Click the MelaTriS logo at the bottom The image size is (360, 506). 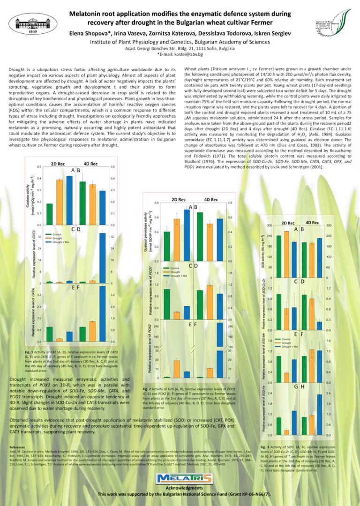(180, 478)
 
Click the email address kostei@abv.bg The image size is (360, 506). (190, 54)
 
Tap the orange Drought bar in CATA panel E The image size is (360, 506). (60, 340)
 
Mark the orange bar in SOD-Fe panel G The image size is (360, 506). (286, 432)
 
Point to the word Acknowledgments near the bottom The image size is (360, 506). (180, 488)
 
